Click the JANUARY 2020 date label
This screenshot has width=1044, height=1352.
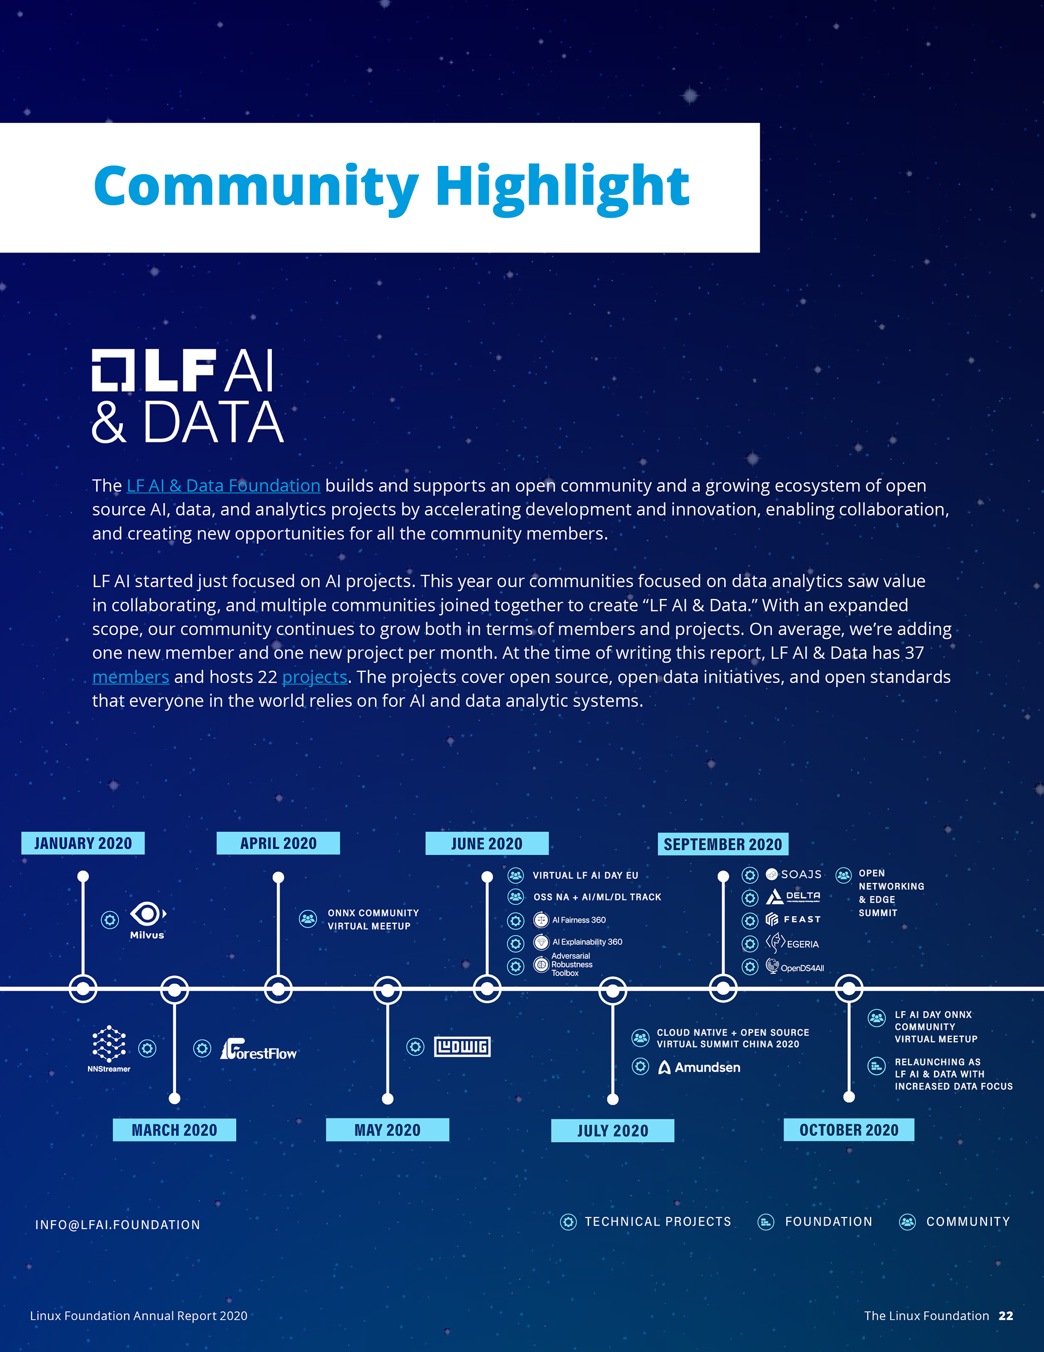click(83, 843)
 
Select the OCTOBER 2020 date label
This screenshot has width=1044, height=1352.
click(848, 1130)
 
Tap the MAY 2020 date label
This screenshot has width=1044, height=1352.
click(387, 1130)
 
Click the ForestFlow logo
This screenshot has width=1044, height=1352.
click(259, 1050)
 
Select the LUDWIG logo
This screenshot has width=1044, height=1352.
click(462, 1047)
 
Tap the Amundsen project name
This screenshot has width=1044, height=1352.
click(707, 1067)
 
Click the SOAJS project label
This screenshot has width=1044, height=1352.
click(801, 874)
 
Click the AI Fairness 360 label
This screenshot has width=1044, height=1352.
click(579, 920)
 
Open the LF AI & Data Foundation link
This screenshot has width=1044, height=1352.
click(223, 485)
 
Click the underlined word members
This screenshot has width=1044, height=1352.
click(130, 677)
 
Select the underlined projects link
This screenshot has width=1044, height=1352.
click(314, 677)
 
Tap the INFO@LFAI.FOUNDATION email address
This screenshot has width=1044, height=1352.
click(117, 1225)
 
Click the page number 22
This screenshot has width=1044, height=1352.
click(1005, 1316)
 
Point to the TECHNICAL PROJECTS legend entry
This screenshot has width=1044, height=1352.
click(657, 1221)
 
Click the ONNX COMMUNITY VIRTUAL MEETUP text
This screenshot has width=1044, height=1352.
click(372, 919)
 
